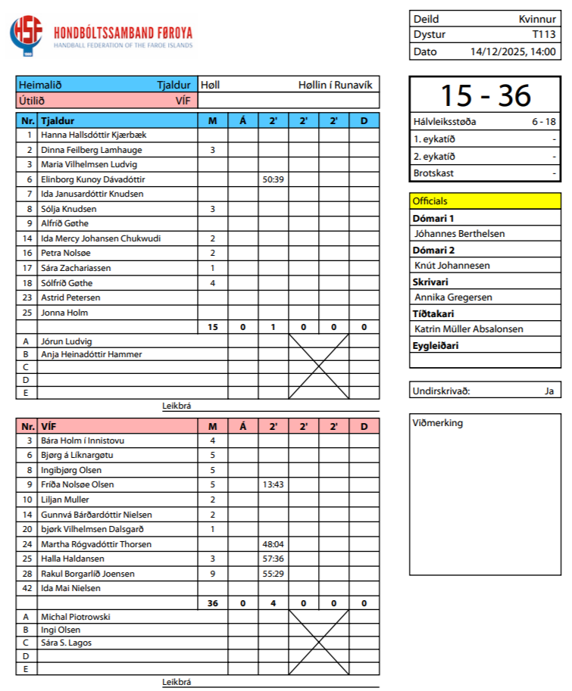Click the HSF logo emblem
[27, 35]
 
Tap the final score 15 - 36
[485, 95]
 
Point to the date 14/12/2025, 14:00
[514, 52]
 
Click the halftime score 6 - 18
[544, 121]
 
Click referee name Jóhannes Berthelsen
[459, 234]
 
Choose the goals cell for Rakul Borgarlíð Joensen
[213, 574]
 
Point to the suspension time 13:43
[273, 484]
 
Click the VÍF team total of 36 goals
[213, 603]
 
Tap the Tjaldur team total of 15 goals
[213, 327]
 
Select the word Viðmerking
[438, 423]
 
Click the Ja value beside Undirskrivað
[549, 391]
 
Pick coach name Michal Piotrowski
[76, 617]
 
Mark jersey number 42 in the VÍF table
[28, 588]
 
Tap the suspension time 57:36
[273, 559]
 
